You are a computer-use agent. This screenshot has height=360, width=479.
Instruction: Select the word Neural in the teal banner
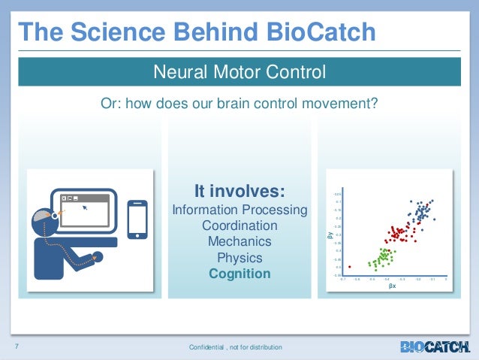(x=177, y=73)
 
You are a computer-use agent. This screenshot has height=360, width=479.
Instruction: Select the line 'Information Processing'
(x=239, y=210)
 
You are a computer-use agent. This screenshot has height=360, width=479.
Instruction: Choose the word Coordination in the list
(x=239, y=226)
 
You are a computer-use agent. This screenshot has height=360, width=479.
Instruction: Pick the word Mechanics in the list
(x=239, y=242)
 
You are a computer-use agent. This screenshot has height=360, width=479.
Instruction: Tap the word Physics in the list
(x=239, y=258)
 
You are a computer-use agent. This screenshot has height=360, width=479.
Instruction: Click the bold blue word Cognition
(x=239, y=274)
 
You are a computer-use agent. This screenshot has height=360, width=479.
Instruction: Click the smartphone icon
(x=137, y=219)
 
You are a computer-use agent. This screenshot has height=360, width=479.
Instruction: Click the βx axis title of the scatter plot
(x=392, y=286)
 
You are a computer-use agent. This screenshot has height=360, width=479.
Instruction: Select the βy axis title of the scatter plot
(x=329, y=235)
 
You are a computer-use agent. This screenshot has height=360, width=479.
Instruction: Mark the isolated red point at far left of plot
(x=349, y=267)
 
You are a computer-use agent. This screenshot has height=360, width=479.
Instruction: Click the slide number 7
(x=16, y=346)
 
